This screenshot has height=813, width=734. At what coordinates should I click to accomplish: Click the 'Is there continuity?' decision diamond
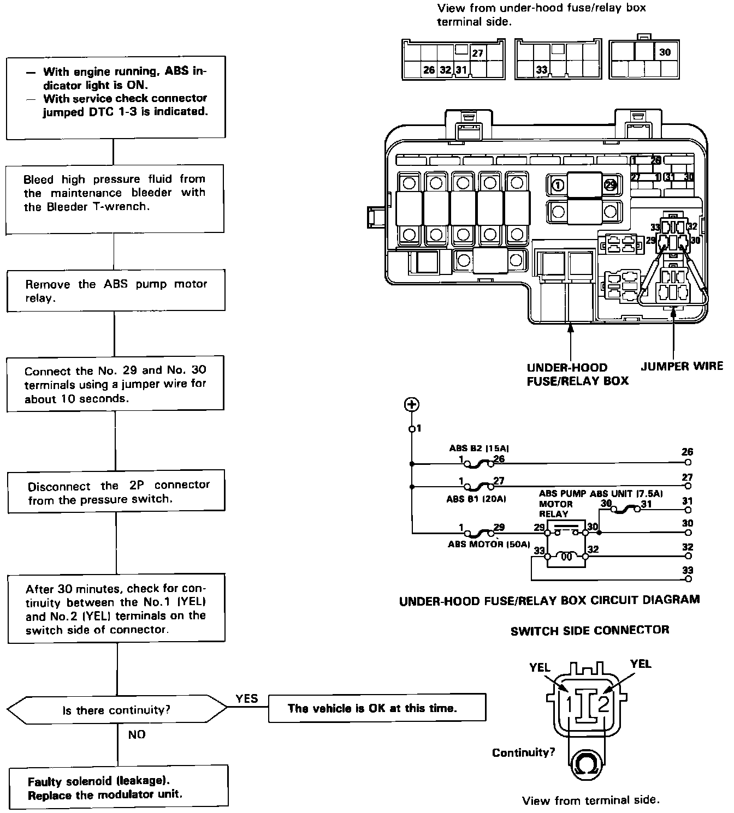117,710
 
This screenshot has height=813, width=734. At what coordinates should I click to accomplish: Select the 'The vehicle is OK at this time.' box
377,708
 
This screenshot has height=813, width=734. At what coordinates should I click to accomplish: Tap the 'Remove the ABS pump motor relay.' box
116,290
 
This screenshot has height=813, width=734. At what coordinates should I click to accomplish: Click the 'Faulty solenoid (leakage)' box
118,787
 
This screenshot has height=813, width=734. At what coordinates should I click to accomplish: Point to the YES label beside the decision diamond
247,699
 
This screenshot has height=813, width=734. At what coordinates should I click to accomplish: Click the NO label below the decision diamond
137,734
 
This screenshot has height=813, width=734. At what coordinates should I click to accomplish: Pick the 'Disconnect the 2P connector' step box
116,492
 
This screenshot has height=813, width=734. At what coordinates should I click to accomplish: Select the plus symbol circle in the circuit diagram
411,404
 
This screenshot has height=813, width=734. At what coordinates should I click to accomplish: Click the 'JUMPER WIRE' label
682,366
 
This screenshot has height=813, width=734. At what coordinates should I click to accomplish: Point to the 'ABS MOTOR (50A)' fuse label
489,544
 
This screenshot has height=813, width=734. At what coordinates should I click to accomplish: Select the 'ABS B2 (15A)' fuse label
479,449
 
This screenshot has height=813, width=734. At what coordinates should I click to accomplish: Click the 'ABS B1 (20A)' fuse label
476,498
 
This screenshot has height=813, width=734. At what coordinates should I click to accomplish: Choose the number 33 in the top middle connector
542,70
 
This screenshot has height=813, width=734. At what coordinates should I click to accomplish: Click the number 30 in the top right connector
665,52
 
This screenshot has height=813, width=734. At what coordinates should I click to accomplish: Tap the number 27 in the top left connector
478,53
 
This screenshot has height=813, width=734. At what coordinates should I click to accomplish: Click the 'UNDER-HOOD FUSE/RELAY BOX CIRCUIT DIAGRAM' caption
549,601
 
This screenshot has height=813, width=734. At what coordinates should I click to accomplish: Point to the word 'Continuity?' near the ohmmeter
523,753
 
